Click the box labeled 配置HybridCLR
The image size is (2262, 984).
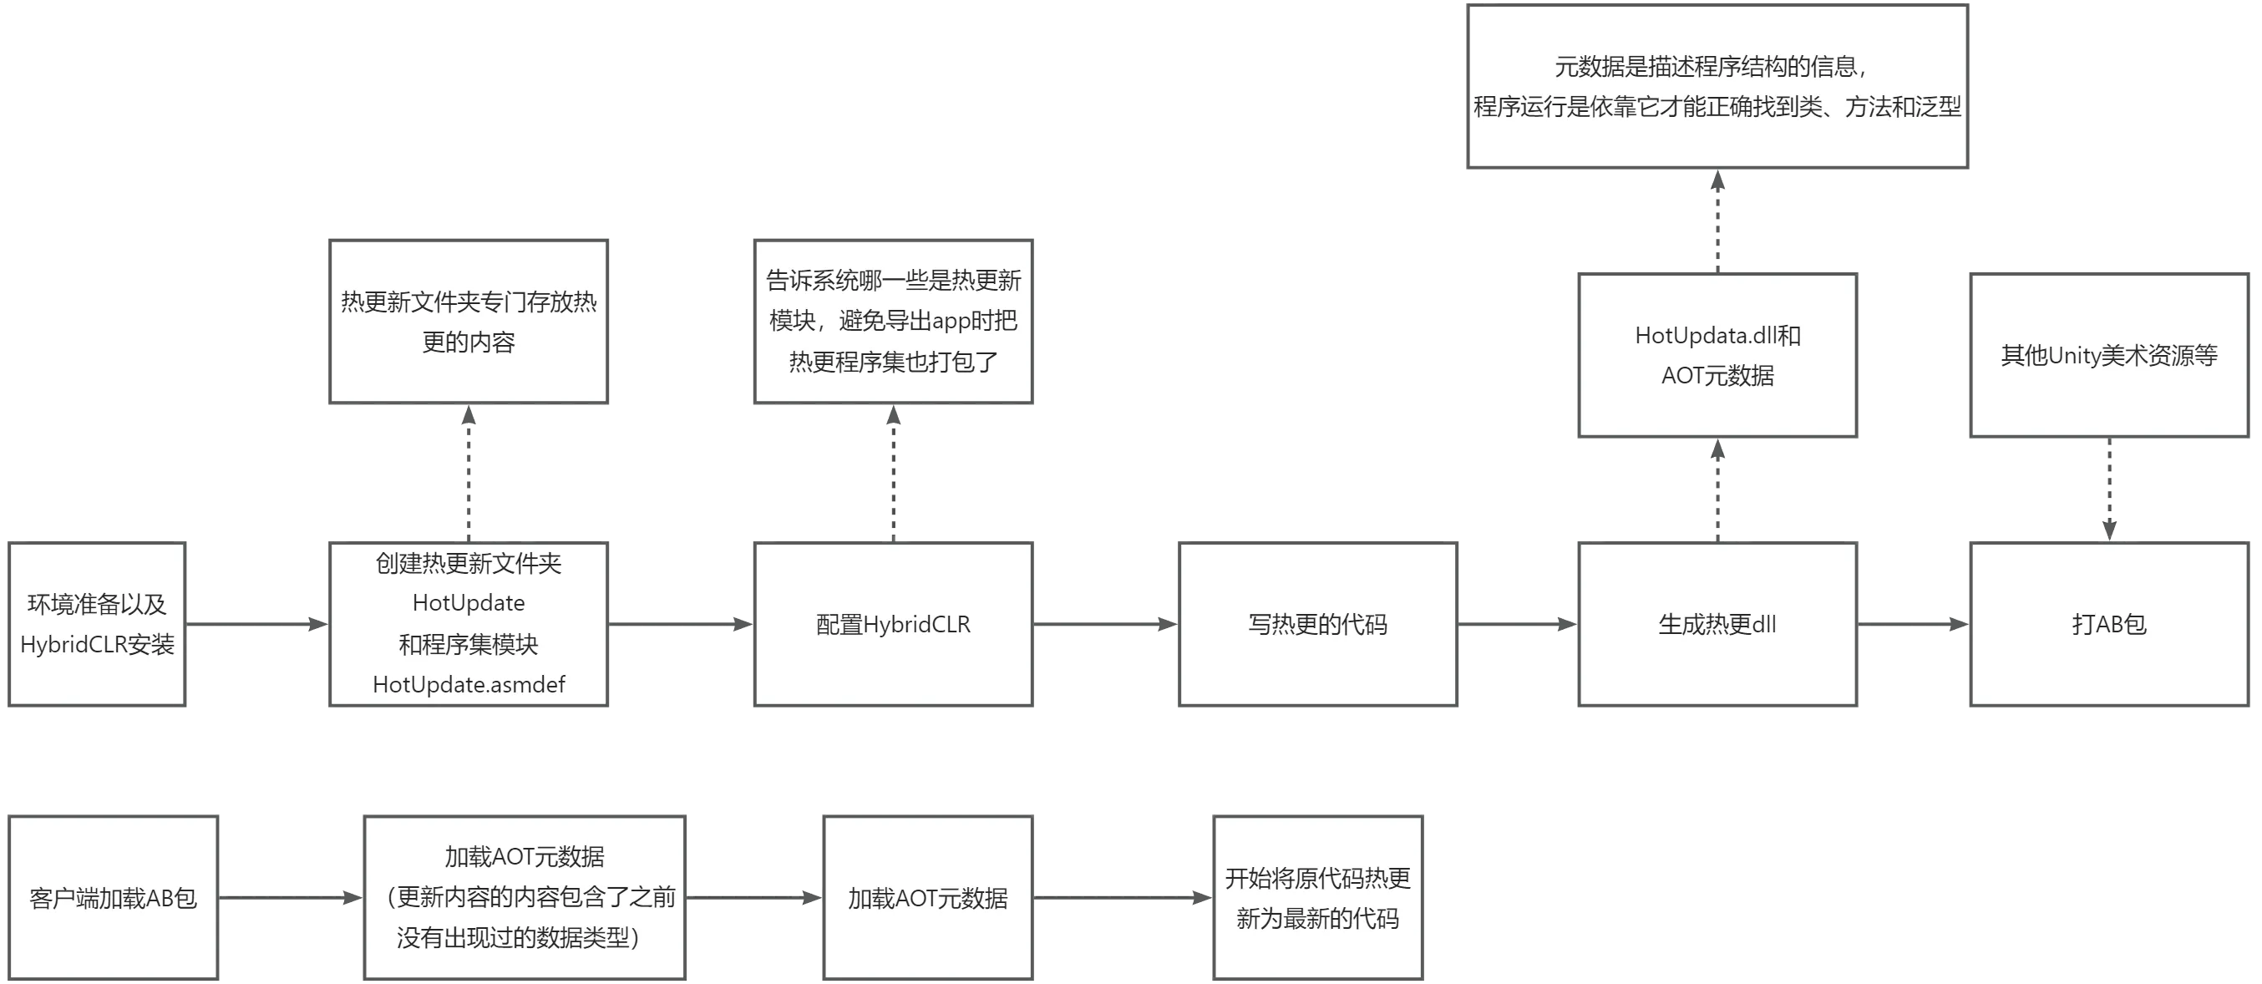[893, 624]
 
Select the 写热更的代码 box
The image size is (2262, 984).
[1317, 624]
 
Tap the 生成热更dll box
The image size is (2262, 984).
[1717, 624]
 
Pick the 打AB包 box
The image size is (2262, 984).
[2108, 624]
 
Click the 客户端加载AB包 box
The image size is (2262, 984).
[114, 898]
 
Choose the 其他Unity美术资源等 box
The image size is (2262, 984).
[2108, 355]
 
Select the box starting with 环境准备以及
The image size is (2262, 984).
[97, 624]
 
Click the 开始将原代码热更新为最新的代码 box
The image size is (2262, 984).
[1317, 898]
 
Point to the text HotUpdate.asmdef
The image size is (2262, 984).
[469, 685]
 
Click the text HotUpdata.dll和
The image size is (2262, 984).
[1717, 335]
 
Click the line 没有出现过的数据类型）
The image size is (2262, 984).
[518, 938]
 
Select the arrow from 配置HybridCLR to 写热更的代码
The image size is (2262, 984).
[1104, 624]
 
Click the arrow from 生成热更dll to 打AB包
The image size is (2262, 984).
[1913, 624]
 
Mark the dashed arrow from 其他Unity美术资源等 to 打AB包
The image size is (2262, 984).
[2108, 489]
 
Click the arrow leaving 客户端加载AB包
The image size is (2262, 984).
[291, 898]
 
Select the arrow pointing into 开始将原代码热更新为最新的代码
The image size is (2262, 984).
[1122, 898]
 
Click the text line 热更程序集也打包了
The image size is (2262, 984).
[893, 362]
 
